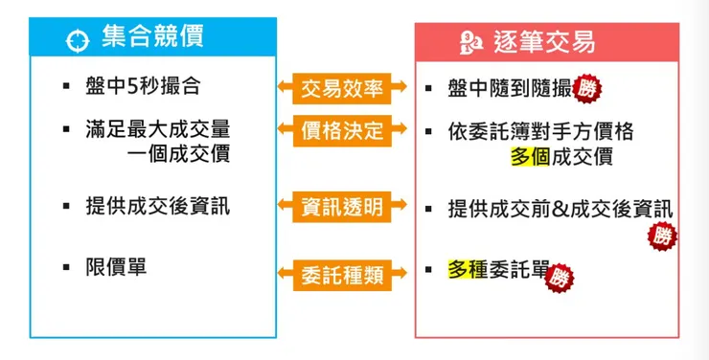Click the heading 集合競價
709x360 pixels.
point(152,37)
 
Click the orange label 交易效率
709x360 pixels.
point(341,89)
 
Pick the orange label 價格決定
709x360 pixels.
point(341,130)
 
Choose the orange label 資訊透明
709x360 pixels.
point(341,206)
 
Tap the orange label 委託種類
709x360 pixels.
point(341,276)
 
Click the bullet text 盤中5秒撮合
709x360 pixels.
point(144,87)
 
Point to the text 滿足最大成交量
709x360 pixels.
point(158,129)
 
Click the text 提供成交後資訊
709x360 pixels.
point(158,206)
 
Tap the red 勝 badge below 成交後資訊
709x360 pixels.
point(661,235)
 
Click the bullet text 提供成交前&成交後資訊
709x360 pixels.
point(560,208)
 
